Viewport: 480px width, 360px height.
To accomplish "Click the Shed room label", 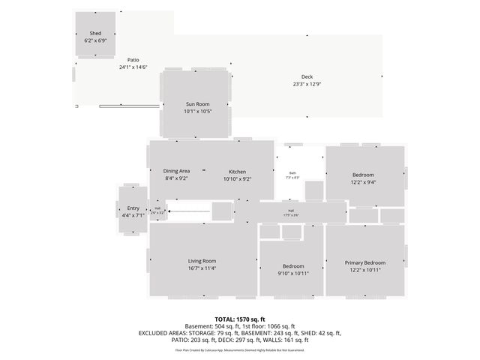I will pyautogui.click(x=95, y=34).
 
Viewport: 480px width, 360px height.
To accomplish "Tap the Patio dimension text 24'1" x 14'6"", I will pyautogui.click(x=133, y=67).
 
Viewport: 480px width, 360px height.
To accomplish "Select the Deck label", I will pyautogui.click(x=307, y=76).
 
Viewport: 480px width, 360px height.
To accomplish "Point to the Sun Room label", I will pyautogui.click(x=197, y=103).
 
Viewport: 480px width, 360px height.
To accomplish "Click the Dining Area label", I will pyautogui.click(x=177, y=171).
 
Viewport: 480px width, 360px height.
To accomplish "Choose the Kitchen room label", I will pyautogui.click(x=237, y=171).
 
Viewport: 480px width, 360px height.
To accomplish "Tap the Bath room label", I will pyautogui.click(x=292, y=172).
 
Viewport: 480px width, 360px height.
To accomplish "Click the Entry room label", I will pyautogui.click(x=133, y=208).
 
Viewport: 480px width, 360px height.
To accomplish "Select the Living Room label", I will pyautogui.click(x=202, y=261).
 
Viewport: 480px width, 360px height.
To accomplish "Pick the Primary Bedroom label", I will pyautogui.click(x=364, y=262).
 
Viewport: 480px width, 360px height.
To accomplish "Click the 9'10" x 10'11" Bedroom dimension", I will pyautogui.click(x=292, y=273).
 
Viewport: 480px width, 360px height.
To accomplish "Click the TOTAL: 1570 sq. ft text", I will pyautogui.click(x=240, y=319).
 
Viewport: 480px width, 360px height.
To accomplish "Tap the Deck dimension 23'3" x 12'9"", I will pyautogui.click(x=307, y=84).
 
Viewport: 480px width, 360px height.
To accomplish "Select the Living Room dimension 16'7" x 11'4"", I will pyautogui.click(x=202, y=268).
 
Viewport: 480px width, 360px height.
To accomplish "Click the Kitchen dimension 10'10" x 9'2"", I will pyautogui.click(x=237, y=178).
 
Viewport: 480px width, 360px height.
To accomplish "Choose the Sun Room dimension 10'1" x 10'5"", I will pyautogui.click(x=197, y=111).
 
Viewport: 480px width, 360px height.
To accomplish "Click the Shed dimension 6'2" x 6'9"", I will pyautogui.click(x=95, y=40).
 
